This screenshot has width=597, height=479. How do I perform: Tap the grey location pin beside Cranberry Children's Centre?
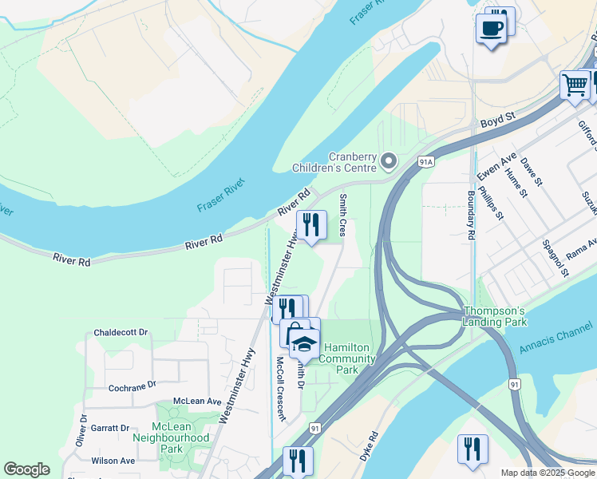[x=389, y=162]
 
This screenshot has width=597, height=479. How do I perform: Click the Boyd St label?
[x=498, y=120]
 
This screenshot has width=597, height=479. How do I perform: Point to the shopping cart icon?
[x=575, y=85]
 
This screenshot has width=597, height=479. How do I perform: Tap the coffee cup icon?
[x=490, y=29]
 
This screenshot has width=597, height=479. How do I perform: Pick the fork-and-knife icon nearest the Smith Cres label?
[x=310, y=224]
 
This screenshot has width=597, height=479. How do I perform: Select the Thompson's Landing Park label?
[x=495, y=316]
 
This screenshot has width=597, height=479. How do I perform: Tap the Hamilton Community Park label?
[x=347, y=352]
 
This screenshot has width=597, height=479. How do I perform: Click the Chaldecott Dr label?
[x=121, y=332]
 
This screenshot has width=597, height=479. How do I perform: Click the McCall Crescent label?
[x=280, y=387]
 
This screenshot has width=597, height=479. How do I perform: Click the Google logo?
[x=26, y=469]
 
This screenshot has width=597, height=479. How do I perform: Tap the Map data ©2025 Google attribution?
[x=548, y=473]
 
